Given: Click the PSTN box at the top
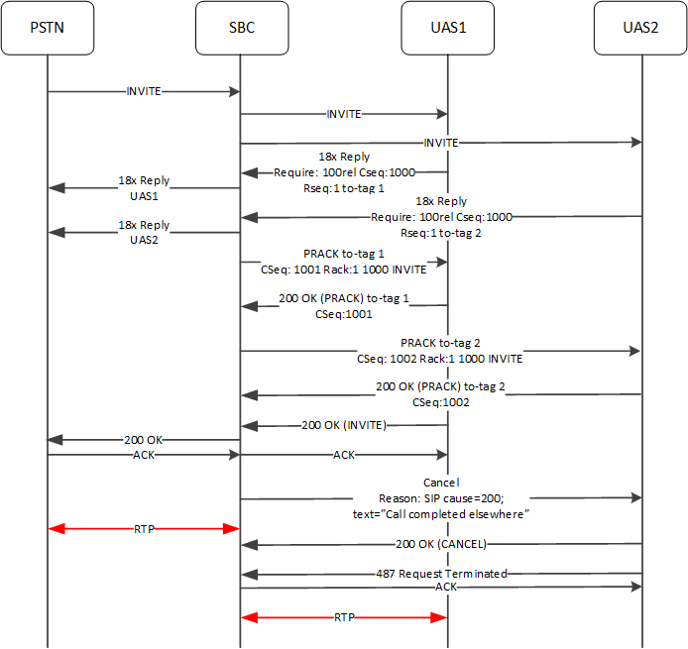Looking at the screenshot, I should click(47, 28).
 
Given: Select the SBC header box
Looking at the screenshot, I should click(241, 28).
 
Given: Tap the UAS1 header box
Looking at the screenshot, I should click(447, 28).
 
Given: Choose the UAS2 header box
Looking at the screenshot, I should click(640, 28).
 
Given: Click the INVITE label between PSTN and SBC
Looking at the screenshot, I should click(144, 91).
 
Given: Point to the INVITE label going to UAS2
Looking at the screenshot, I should click(441, 143).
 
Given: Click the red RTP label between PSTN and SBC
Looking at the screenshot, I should click(144, 530).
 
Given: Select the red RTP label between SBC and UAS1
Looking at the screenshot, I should click(344, 617).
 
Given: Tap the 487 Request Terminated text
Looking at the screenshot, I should click(441, 573).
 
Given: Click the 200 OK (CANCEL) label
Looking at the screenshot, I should click(441, 544).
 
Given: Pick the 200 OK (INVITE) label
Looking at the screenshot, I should click(344, 425).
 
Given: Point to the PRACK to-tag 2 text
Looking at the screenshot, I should click(441, 342).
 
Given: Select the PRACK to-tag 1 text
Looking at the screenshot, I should click(344, 254).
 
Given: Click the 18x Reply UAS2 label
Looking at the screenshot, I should click(144, 233).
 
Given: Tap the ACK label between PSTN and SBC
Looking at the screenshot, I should click(144, 456).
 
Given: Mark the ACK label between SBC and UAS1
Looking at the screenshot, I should click(344, 456).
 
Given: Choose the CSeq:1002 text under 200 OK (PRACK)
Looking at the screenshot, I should click(441, 403).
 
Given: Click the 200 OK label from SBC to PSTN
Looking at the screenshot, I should click(144, 439).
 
